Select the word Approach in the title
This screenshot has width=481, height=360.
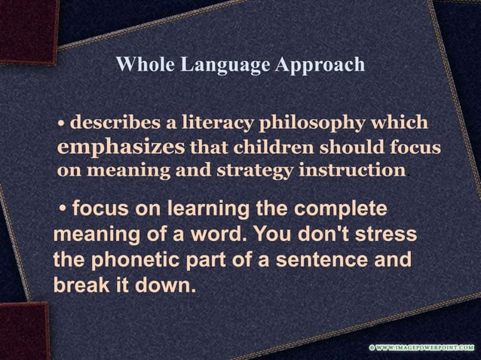click(320, 66)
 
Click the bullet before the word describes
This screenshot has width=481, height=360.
click(63, 123)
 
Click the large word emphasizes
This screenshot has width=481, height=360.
click(121, 145)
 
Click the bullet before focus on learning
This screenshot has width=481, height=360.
click(65, 209)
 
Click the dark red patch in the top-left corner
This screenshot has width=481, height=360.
click(26, 26)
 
